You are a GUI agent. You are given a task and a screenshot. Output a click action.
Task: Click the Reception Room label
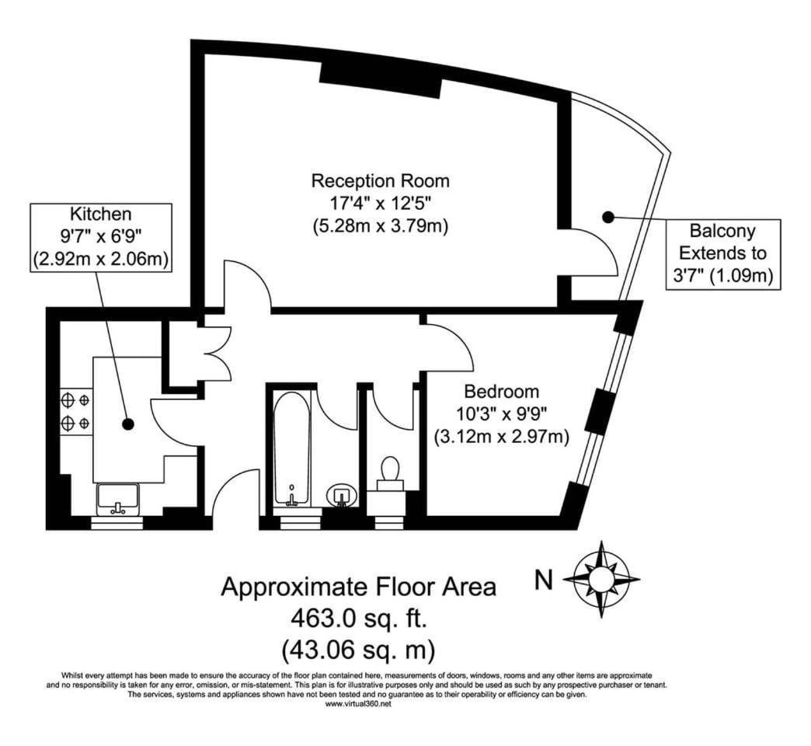380,181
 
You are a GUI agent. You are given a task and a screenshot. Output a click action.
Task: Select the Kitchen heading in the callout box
101,214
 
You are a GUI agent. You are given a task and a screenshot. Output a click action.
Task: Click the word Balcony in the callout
722,231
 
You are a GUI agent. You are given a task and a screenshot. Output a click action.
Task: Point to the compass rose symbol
601,579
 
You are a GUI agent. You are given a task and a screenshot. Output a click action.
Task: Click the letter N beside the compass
543,580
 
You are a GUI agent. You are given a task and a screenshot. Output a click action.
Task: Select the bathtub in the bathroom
292,449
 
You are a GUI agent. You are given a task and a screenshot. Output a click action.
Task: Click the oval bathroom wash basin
342,496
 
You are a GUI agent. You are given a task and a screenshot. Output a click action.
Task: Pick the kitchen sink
118,499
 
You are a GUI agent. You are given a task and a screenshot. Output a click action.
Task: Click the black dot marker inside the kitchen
127,424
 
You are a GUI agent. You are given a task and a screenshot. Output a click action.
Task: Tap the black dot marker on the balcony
608,218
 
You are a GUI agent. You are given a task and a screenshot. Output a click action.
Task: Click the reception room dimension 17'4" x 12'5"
380,204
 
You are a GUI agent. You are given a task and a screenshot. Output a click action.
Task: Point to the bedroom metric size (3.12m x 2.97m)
501,437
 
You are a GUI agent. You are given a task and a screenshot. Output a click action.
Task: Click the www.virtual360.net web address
358,703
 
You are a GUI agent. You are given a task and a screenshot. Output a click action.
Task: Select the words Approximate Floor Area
358,587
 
